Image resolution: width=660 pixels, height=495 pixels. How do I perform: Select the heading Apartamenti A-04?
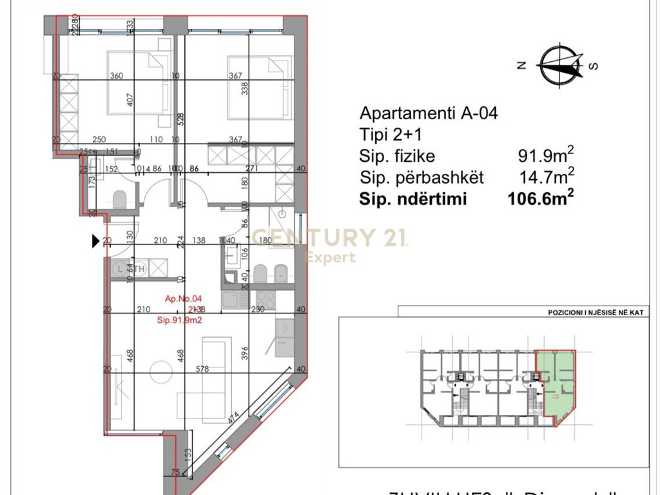tap(429, 113)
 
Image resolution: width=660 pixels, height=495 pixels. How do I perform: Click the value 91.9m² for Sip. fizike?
tap(545, 155)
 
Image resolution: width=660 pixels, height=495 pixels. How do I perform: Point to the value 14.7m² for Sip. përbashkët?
tap(545, 177)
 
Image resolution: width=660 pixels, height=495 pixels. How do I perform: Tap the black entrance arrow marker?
tap(96, 241)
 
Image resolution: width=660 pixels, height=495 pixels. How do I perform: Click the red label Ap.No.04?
tap(184, 298)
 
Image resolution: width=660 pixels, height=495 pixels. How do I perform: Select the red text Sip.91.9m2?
tap(180, 320)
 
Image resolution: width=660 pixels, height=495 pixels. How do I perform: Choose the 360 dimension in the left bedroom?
tap(116, 75)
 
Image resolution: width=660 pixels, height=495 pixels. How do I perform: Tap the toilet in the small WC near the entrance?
tap(120, 199)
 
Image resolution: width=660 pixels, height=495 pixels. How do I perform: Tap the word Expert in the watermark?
tap(330, 258)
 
